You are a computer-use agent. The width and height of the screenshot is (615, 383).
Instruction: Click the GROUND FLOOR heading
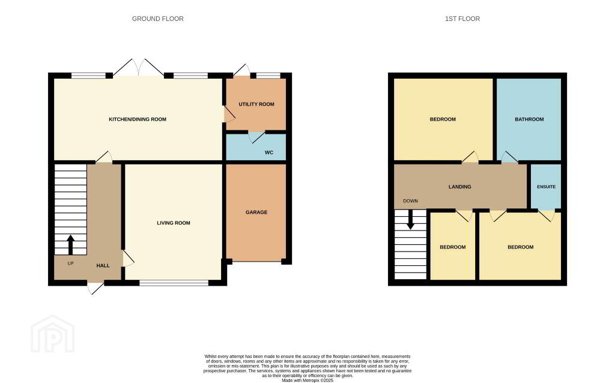pos(158,19)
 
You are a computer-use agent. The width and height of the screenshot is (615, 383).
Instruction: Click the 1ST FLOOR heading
pos(462,19)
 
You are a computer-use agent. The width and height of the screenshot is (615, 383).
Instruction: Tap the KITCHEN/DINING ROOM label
pos(138,119)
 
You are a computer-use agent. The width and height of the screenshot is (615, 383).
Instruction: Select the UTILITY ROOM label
pos(256,104)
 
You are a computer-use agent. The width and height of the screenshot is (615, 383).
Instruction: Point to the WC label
pos(268,152)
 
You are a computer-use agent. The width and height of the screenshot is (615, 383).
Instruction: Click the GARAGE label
pos(256,212)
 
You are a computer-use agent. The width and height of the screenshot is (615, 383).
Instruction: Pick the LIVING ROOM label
pos(174,223)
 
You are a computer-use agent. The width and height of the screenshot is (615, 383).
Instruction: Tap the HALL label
pos(103,265)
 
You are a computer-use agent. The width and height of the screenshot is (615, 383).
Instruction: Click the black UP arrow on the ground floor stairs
pos(71,244)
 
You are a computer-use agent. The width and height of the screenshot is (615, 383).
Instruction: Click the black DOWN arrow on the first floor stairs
pos(410,220)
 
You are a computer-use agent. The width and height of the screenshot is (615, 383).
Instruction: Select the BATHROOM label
pos(529,119)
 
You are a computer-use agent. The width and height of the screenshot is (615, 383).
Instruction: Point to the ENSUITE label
pos(547,187)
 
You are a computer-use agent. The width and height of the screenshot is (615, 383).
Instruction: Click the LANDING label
pos(459,187)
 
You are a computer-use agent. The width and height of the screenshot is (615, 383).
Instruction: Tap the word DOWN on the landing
pos(410,201)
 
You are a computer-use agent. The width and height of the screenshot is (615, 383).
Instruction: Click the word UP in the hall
pos(71,264)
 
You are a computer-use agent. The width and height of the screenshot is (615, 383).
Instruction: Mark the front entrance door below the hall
pos(95,288)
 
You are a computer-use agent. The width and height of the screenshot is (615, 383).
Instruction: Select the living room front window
pos(174,283)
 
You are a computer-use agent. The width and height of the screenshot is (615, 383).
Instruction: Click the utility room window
pos(268,75)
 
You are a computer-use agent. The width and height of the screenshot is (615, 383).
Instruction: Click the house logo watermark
pos(53,334)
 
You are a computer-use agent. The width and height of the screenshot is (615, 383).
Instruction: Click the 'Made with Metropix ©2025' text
pos(307,380)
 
